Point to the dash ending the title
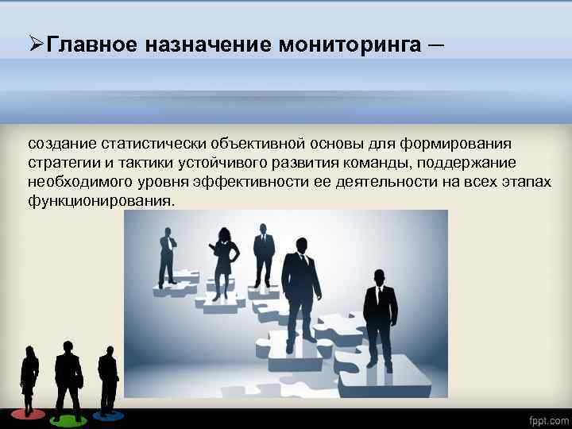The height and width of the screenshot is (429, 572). click(x=438, y=44)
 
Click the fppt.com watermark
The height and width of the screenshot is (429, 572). click(x=549, y=419)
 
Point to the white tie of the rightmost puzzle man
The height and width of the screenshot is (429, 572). click(x=379, y=298)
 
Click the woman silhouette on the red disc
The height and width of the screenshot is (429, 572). click(x=29, y=377)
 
